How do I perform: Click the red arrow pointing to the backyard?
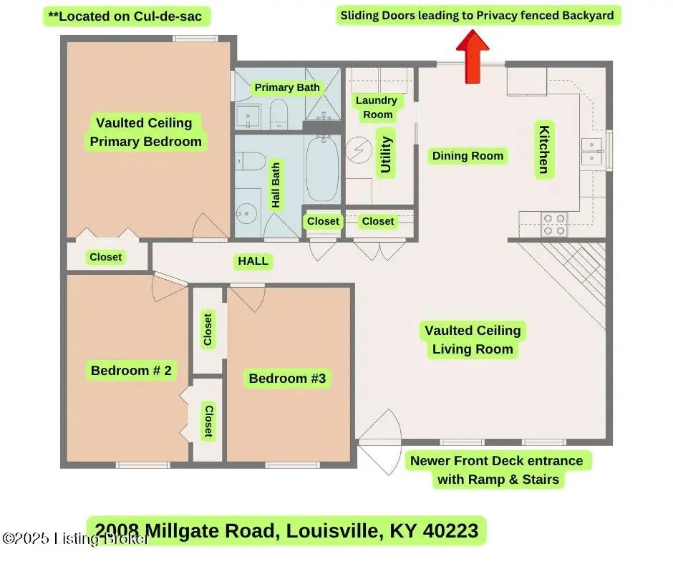point(473,57)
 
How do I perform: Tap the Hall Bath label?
point(276,185)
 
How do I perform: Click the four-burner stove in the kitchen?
point(554,225)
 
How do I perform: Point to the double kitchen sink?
point(593,152)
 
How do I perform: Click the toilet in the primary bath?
point(279,114)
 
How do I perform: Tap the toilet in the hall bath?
point(250,161)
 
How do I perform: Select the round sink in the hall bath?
point(246,213)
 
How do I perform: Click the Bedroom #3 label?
point(287,378)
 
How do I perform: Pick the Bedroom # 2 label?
point(131,370)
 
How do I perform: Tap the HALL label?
point(253,261)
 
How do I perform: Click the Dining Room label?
point(468,155)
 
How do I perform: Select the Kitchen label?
point(544,150)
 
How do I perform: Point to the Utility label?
point(386,155)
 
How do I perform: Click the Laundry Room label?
point(377,107)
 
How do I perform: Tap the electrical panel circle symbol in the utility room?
point(359,150)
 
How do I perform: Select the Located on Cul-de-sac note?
point(125,16)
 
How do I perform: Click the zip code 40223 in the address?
point(450,530)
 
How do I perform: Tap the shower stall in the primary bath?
point(323,94)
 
